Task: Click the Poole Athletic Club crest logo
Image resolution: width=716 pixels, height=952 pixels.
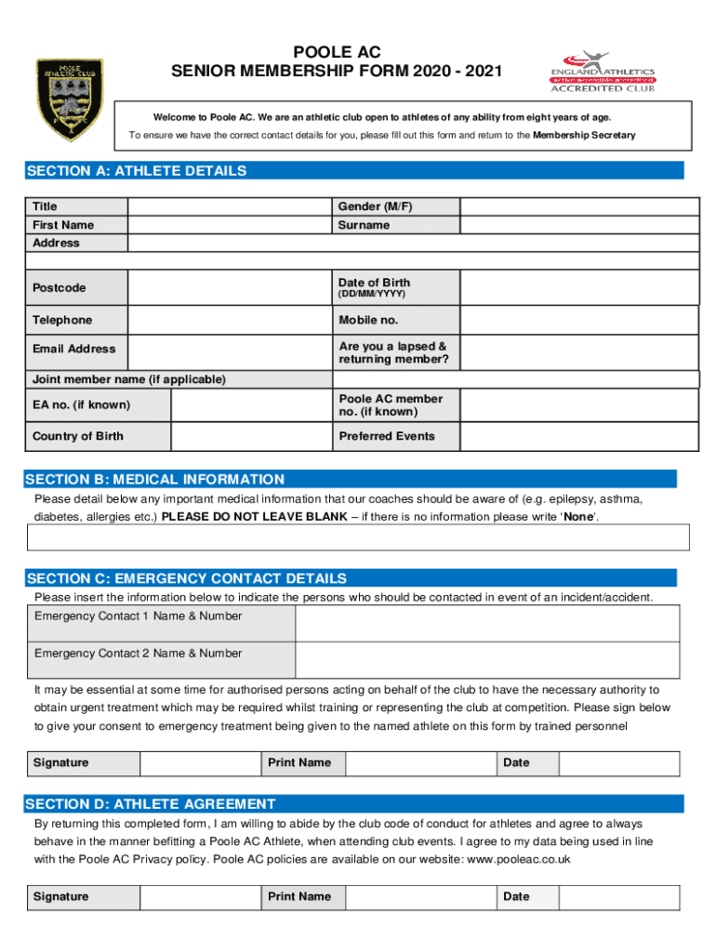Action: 69,99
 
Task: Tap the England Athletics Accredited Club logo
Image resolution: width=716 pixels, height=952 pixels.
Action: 603,73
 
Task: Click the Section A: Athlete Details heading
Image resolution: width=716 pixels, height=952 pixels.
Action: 138,171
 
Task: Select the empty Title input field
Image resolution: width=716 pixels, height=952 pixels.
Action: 230,206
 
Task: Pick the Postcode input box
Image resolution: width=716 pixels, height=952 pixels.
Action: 230,288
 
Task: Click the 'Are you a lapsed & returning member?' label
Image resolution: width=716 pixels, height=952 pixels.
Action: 393,353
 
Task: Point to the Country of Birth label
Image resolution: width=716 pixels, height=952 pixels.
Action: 78,436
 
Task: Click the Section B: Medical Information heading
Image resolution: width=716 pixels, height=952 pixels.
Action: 156,480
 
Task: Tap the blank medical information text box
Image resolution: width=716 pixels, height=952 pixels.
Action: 359,537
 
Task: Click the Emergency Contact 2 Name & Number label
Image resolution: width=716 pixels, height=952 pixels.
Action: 139,654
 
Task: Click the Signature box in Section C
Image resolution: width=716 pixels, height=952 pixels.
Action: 199,763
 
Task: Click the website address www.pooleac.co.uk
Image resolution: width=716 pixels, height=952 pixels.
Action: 518,860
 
